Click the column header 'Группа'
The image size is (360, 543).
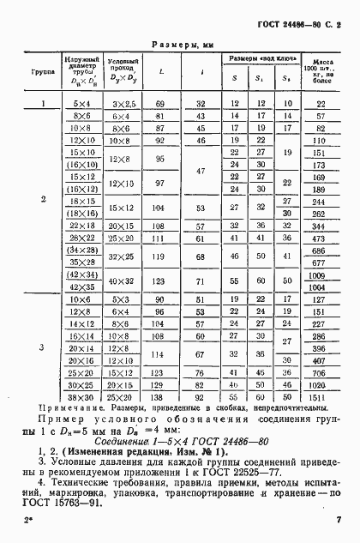click(x=43, y=73)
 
